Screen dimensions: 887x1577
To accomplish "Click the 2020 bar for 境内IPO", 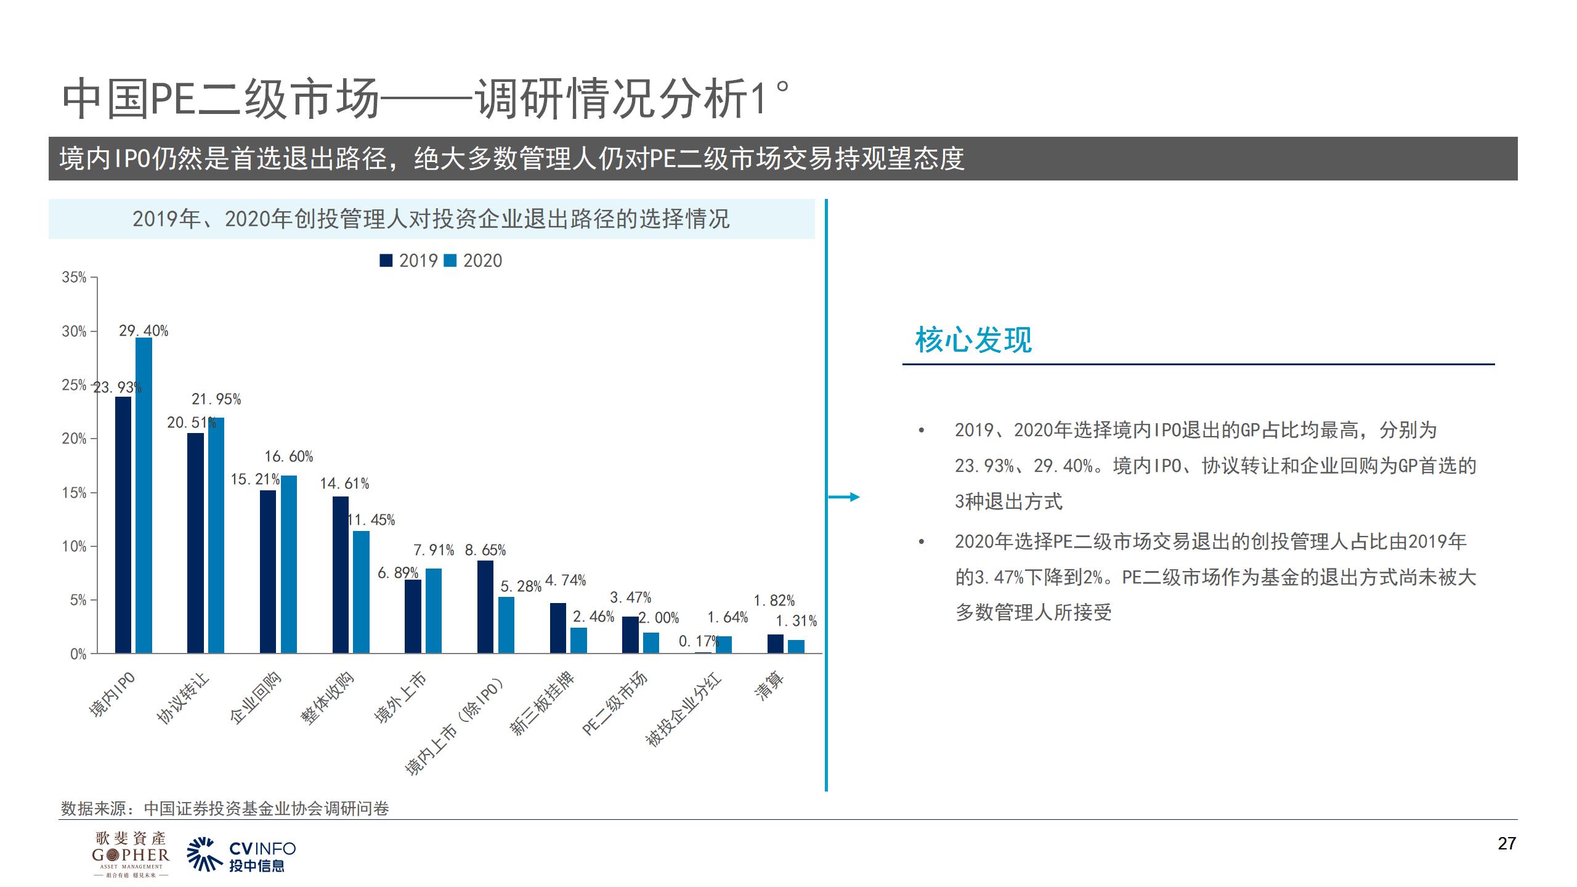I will (x=144, y=495).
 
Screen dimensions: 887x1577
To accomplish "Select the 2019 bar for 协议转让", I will (x=195, y=543).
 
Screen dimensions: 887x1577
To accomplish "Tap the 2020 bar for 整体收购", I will (x=361, y=592).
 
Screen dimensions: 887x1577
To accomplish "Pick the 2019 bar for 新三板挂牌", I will (x=557, y=628).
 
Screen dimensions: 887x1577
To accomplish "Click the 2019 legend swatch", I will (x=386, y=261).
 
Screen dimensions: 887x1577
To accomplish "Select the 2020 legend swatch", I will (x=450, y=261).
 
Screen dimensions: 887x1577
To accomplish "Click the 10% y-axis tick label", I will (x=74, y=546).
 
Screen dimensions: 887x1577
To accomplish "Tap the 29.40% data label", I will (x=144, y=331).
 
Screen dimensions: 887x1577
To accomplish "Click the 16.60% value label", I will (x=289, y=456).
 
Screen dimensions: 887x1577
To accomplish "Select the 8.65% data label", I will (x=485, y=550).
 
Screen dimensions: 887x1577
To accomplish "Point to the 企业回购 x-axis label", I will (x=256, y=698).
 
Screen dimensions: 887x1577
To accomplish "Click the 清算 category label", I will (x=769, y=686).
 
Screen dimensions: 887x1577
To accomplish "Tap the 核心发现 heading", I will (x=973, y=340).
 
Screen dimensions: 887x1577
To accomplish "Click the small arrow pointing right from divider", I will (x=845, y=497).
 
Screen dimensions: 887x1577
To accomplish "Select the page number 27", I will (x=1506, y=844).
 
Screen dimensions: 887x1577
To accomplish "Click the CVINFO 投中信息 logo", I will (x=241, y=855).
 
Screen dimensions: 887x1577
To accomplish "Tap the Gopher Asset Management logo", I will (x=130, y=854).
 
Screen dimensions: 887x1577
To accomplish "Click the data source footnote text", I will (x=225, y=808).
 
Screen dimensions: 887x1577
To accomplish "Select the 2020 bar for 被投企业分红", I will (x=724, y=644).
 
